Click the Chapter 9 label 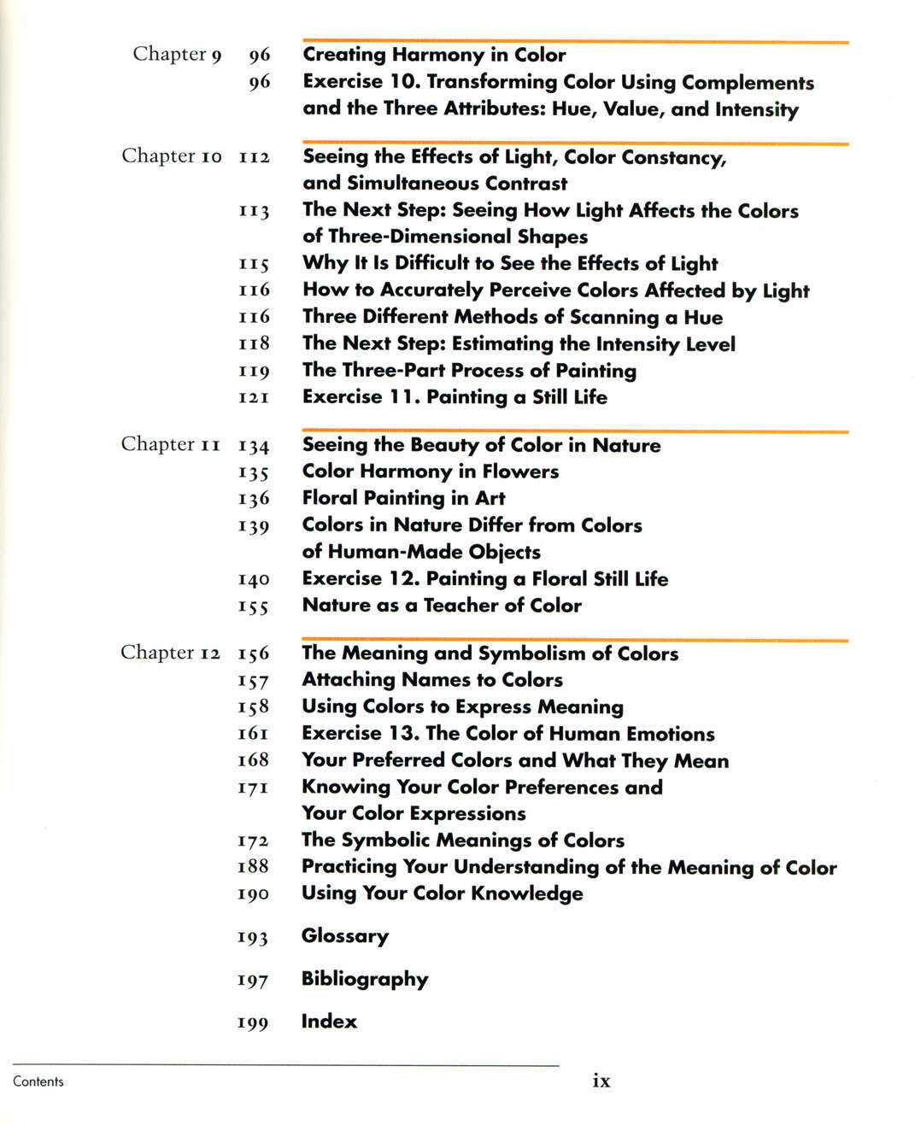click(177, 55)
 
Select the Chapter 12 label click(170, 653)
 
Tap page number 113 click(254, 211)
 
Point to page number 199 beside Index click(253, 1022)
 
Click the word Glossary click(344, 936)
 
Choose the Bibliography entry click(365, 979)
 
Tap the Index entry click(329, 1022)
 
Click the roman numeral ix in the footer click(601, 1081)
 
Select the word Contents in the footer click(38, 1081)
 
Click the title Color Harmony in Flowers click(431, 472)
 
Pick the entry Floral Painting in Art click(403, 498)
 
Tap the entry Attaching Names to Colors click(432, 680)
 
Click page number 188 click(253, 866)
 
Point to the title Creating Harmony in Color click(434, 55)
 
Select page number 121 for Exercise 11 click(254, 397)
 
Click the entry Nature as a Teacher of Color click(442, 606)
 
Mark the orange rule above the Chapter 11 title click(575, 431)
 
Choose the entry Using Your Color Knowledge click(443, 894)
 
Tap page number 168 click(253, 759)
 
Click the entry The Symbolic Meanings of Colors click(463, 841)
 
